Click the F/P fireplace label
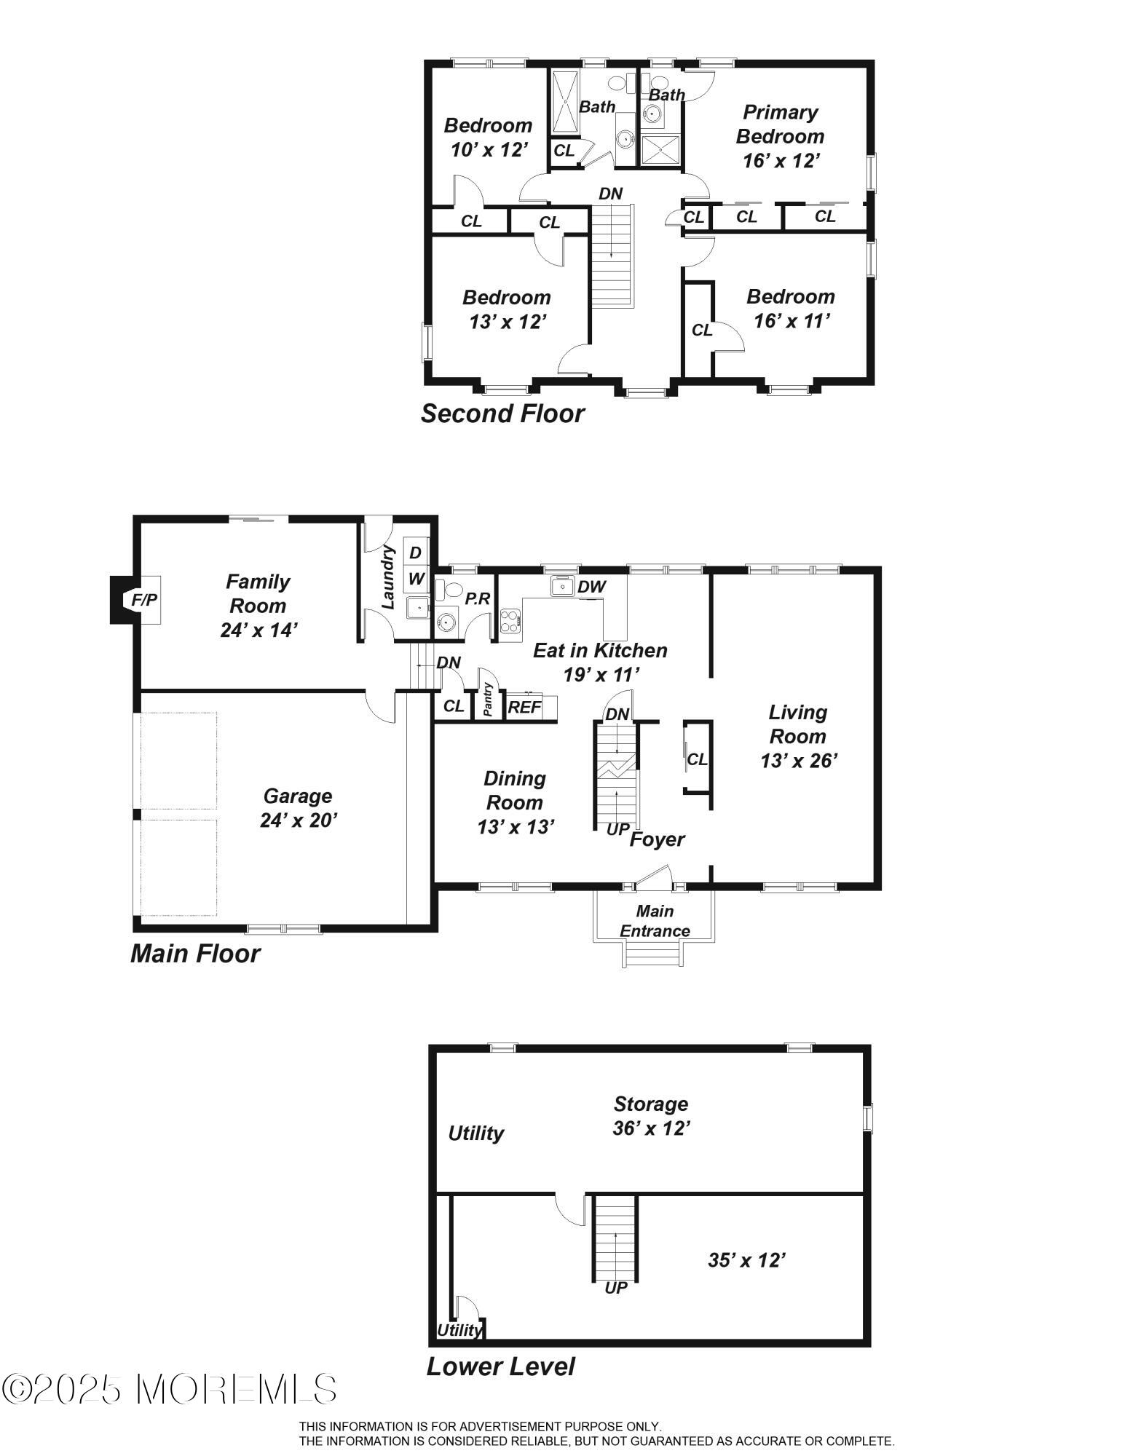point(144,600)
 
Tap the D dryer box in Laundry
point(415,553)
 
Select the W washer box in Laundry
point(416,579)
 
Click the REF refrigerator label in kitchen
point(524,707)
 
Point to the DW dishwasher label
point(591,587)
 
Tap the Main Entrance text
point(655,921)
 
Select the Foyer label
point(657,839)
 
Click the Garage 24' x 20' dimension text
point(299,820)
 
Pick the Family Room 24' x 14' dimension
point(259,630)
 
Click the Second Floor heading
point(502,414)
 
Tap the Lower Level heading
point(500,1366)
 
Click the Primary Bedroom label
point(780,124)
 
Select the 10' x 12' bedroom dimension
point(489,150)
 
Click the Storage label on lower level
point(650,1104)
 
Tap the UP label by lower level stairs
point(616,1288)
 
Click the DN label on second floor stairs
point(610,194)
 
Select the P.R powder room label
point(478,598)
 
